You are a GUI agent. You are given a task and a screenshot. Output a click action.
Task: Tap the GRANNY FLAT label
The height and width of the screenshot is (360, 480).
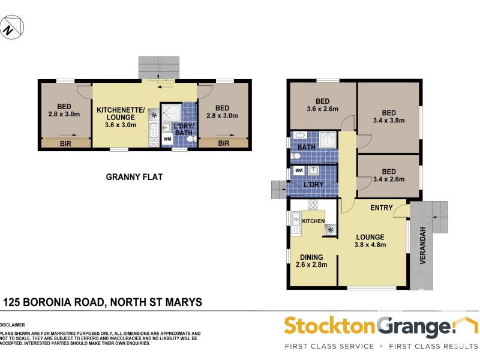pos(134,177)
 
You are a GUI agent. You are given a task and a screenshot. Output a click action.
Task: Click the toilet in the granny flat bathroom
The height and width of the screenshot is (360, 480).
pos(190,140)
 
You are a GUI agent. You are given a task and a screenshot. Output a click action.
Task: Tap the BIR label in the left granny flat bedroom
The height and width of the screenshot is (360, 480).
pos(65,144)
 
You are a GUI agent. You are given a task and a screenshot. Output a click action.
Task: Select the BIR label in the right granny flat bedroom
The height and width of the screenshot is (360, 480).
pos(223,144)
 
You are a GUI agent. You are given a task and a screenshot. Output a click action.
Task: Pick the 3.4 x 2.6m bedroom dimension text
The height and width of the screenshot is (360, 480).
pos(388,179)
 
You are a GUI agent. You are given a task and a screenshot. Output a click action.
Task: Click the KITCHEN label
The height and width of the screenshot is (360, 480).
pos(313,221)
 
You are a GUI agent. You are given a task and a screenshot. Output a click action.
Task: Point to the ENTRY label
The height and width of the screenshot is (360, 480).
pos(381,208)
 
